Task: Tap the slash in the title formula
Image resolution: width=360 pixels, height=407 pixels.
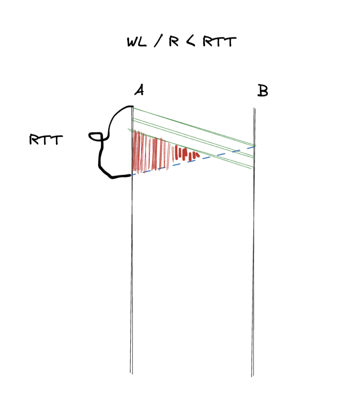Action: click(x=157, y=42)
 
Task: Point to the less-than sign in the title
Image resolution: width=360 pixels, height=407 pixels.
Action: click(x=190, y=42)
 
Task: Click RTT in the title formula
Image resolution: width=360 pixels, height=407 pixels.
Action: click(x=219, y=42)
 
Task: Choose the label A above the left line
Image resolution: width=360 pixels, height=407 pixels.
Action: click(x=139, y=90)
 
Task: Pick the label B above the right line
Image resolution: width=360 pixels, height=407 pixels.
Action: click(x=262, y=91)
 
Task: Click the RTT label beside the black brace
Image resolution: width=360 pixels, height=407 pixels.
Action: click(x=46, y=140)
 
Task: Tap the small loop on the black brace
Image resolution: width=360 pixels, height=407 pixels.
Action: click(x=95, y=136)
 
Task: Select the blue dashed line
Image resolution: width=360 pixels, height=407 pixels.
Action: click(x=192, y=161)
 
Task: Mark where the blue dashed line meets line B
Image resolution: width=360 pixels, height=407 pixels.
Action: click(x=254, y=146)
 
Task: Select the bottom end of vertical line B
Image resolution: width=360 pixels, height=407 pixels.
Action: click(x=252, y=376)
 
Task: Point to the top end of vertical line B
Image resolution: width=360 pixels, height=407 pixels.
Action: click(x=254, y=108)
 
